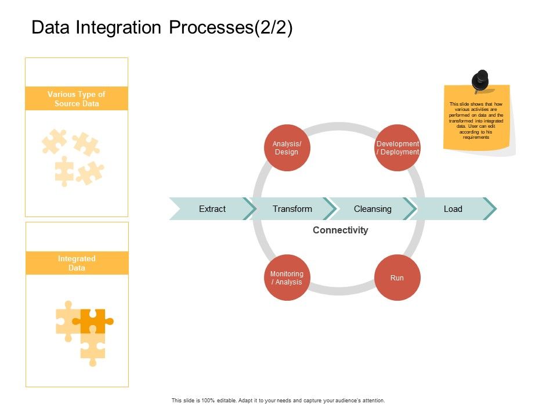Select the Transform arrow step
click(x=292, y=209)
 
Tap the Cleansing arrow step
click(x=372, y=209)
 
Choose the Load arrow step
click(x=453, y=209)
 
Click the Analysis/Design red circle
click(x=287, y=148)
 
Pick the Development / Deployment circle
click(x=397, y=148)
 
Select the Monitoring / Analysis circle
click(x=287, y=278)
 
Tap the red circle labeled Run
click(x=397, y=278)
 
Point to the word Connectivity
click(x=340, y=230)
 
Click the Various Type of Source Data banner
click(x=77, y=99)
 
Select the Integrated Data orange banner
click(x=77, y=263)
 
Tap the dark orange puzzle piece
click(x=93, y=320)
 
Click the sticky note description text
click(x=477, y=121)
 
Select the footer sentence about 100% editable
click(x=278, y=401)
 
